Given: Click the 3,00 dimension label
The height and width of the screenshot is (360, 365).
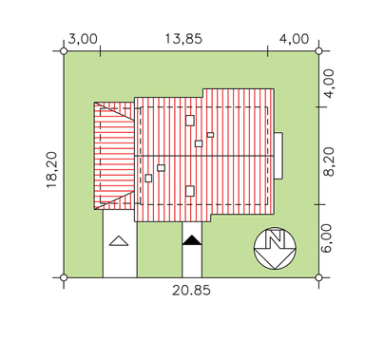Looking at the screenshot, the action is (x=83, y=40).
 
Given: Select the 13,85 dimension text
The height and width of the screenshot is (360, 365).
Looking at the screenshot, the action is (x=183, y=39).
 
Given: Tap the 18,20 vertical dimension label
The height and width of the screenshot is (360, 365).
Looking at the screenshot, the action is (x=52, y=170).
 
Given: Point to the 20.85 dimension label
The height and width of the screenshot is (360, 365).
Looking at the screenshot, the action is (x=191, y=291).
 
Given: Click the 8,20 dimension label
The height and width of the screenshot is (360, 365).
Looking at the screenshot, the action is (x=330, y=161).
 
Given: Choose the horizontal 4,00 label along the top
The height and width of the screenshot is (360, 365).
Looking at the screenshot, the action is (x=294, y=39).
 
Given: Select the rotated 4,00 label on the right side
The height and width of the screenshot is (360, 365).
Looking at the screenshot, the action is (x=330, y=84).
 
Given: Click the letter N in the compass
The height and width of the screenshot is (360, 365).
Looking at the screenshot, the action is (x=275, y=239).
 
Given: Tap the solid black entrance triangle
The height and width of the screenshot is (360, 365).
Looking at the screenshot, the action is (x=192, y=240).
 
